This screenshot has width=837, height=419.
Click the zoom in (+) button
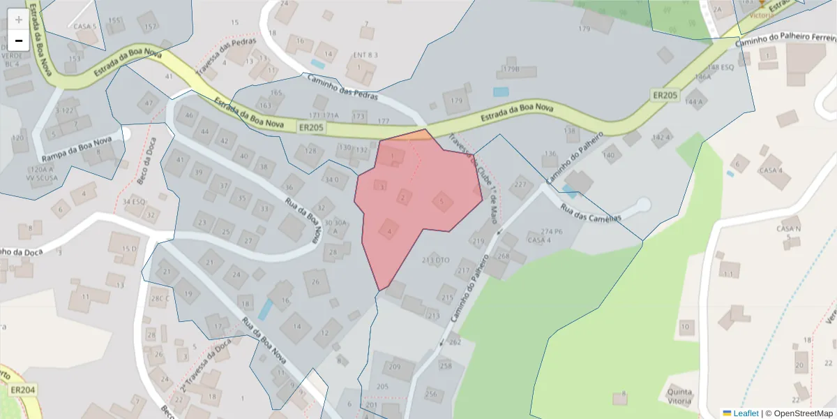click(19, 20)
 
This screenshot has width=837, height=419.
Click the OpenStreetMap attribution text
click(802, 413)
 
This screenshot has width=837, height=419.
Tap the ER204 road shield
click(22, 390)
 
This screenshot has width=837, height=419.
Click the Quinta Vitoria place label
click(679, 396)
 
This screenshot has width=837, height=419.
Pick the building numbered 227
click(520, 185)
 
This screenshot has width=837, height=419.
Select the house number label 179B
click(512, 70)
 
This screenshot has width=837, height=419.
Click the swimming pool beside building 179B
click(501, 91)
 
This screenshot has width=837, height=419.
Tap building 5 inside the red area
click(442, 202)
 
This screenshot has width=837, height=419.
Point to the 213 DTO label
click(436, 260)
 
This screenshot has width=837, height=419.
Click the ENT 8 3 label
click(365, 54)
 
